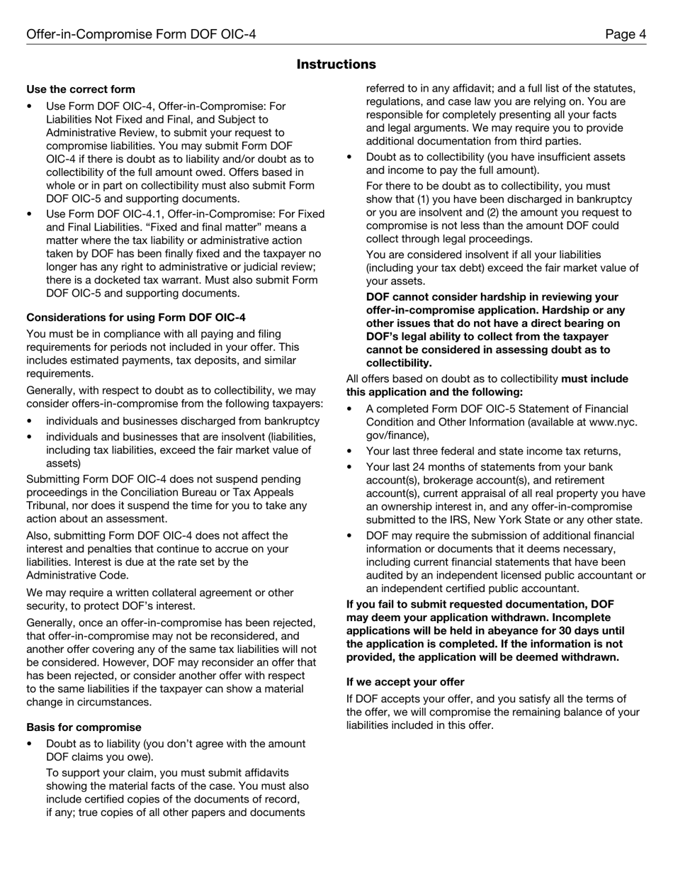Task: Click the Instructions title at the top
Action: point(336,65)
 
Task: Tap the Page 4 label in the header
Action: point(625,34)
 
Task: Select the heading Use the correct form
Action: point(81,89)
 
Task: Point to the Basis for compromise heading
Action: point(84,727)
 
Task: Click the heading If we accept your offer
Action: point(405,682)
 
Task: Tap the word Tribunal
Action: point(50,505)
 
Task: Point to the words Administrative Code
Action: point(77,575)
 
